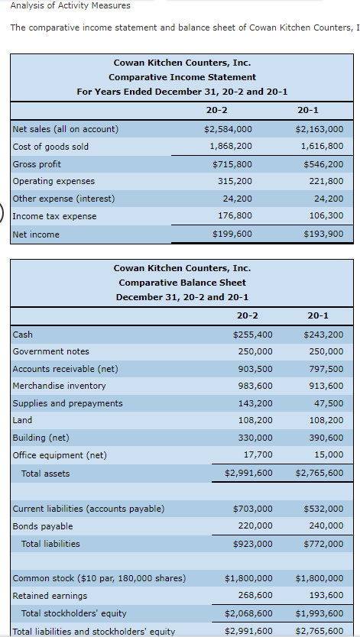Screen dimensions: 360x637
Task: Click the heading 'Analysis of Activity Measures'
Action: click(70, 5)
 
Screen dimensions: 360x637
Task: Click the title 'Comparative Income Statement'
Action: click(183, 77)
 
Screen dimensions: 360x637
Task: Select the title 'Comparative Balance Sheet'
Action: click(183, 283)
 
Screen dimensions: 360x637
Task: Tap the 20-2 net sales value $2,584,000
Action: click(228, 129)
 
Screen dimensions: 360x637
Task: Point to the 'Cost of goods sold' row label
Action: click(50, 147)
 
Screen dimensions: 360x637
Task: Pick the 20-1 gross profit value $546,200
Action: click(323, 164)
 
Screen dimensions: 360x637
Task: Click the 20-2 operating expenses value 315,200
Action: click(235, 181)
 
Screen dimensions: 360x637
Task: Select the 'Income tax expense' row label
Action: click(55, 216)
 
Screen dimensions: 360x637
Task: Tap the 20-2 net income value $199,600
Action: click(232, 234)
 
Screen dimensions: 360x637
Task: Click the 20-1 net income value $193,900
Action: click(323, 234)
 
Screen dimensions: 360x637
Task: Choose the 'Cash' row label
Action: click(23, 335)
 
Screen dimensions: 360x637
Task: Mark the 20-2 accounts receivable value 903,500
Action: click(255, 369)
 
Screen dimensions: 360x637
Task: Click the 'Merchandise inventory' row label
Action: click(60, 386)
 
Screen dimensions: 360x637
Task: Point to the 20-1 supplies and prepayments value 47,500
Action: click(329, 403)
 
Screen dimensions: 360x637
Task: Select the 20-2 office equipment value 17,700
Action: click(258, 454)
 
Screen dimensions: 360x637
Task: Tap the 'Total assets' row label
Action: click(46, 474)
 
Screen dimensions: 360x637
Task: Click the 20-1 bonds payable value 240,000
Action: click(326, 525)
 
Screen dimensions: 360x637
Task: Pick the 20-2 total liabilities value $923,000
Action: click(253, 544)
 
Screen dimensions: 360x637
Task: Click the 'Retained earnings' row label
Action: click(50, 596)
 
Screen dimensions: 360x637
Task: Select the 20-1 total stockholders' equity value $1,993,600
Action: click(319, 613)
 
